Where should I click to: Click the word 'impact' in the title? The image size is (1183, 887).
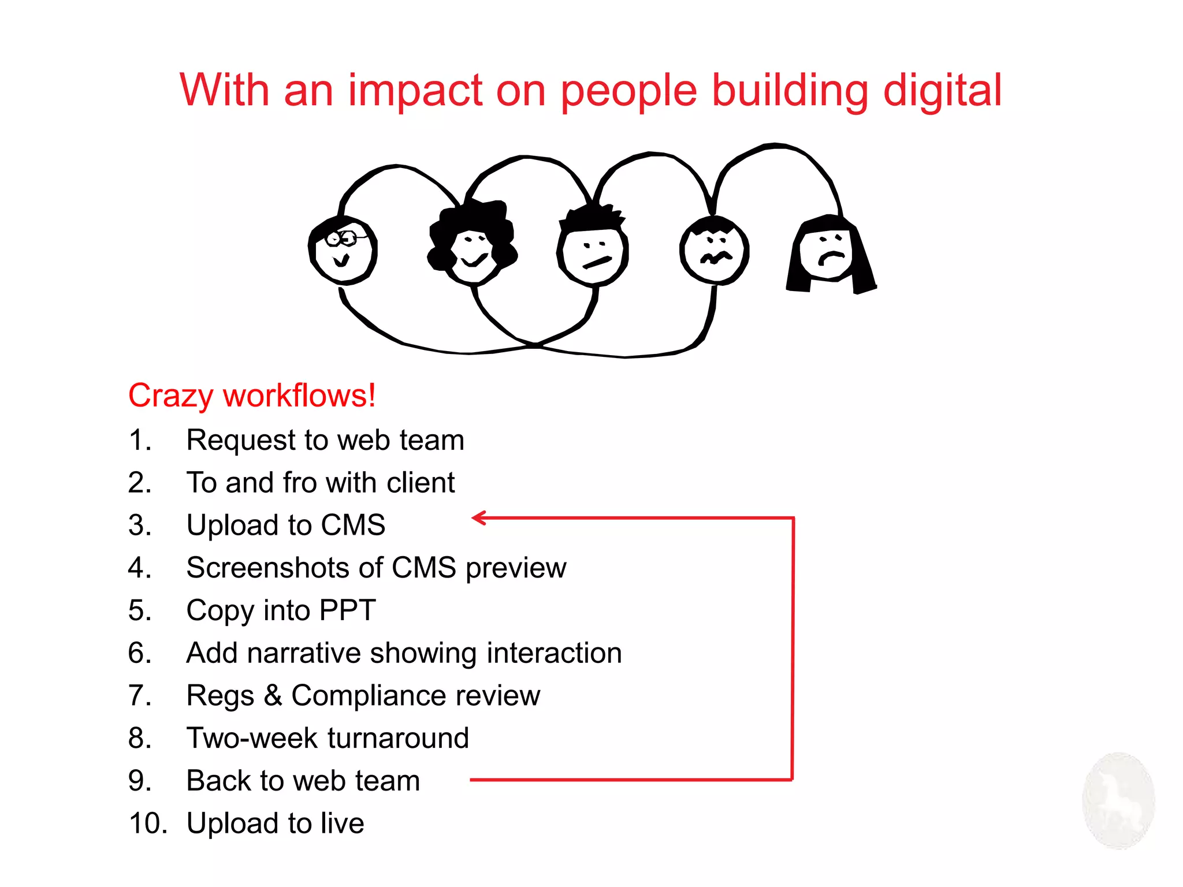(x=415, y=91)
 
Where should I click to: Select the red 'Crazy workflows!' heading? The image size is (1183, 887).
(x=252, y=396)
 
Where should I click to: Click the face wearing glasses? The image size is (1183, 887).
(x=343, y=250)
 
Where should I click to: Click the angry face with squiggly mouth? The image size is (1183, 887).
(x=715, y=251)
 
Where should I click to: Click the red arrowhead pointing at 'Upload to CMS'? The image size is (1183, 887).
(x=479, y=518)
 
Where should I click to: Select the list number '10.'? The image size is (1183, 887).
(x=148, y=823)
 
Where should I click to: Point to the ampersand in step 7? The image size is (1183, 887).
(x=273, y=695)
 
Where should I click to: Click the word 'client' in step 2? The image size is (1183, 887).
(x=421, y=483)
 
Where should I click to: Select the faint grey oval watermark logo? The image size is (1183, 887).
(x=1118, y=800)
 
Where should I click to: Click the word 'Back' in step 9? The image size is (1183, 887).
(x=218, y=781)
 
